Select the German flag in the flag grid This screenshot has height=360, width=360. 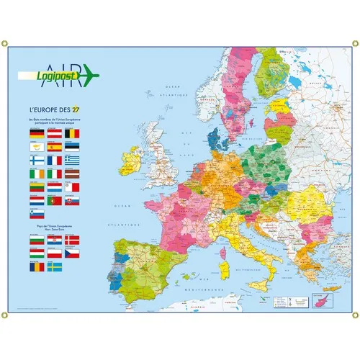36,133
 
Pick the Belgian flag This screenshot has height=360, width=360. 72,133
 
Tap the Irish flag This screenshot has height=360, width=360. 36,174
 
